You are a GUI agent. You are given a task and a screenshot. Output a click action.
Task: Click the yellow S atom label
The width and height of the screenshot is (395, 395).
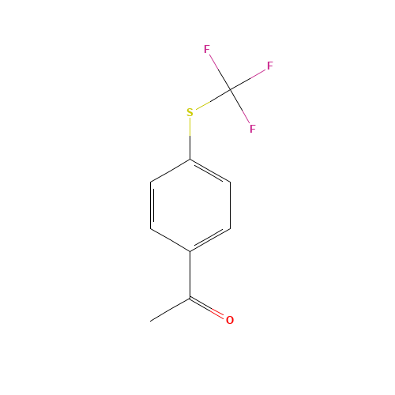190,112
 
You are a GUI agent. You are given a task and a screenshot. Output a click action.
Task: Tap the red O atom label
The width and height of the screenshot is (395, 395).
230,320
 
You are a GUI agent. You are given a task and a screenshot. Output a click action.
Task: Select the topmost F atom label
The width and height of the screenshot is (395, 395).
207,50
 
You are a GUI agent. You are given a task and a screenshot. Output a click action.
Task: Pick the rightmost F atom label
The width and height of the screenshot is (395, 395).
269,66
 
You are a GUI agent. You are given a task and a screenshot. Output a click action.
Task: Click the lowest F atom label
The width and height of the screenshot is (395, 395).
252,128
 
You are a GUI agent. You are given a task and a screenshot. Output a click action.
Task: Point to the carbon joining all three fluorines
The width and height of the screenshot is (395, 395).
230,88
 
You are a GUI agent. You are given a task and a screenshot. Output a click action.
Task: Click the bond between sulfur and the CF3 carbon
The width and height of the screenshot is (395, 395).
211,100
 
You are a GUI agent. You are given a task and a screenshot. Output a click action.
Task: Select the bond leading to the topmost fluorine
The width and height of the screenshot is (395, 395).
219,70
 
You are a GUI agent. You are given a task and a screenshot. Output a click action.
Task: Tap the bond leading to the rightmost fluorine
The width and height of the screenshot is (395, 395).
249,77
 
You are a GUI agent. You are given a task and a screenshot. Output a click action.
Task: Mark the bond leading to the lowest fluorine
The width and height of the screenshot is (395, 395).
241,108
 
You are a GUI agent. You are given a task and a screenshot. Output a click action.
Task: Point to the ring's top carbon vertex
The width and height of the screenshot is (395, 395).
190,160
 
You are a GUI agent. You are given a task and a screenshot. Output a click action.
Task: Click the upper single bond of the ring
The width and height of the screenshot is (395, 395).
171,171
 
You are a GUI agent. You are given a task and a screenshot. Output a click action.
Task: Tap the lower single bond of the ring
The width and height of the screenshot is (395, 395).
171,240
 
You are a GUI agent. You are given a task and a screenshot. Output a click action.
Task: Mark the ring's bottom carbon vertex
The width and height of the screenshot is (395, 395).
190,251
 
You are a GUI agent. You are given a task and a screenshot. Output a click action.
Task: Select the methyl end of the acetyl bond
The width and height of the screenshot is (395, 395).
152,321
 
